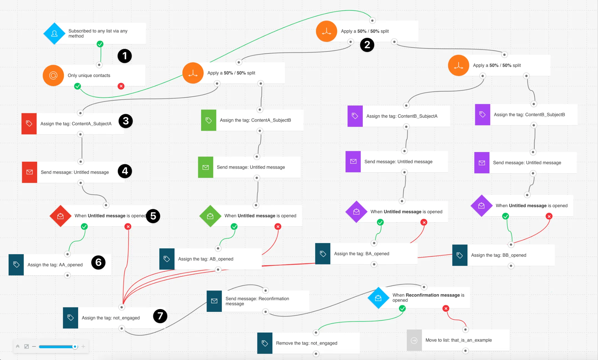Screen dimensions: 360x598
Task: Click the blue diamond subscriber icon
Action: pyautogui.click(x=54, y=34)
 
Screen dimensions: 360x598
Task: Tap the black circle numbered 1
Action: pyautogui.click(x=124, y=56)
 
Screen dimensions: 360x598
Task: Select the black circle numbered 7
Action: pyautogui.click(x=160, y=316)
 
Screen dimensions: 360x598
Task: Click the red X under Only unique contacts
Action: pyautogui.click(x=121, y=86)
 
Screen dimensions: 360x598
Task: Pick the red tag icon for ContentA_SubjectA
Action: pyautogui.click(x=29, y=124)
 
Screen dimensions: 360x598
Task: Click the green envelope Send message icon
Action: pyautogui.click(x=206, y=167)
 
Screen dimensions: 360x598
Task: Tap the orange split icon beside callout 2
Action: pyautogui.click(x=326, y=31)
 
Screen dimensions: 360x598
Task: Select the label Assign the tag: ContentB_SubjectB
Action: pyautogui.click(x=529, y=115)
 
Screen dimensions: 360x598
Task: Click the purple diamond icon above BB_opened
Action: pyautogui.click(x=481, y=205)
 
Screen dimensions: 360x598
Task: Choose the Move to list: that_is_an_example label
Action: pyautogui.click(x=458, y=340)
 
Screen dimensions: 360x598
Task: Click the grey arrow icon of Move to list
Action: pyautogui.click(x=414, y=340)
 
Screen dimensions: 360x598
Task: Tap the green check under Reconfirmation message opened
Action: pyautogui.click(x=402, y=308)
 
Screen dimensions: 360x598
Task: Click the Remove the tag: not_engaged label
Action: pyautogui.click(x=306, y=343)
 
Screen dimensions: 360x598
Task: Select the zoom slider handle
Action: pyautogui.click(x=75, y=346)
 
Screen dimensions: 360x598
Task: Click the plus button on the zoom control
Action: pyautogui.click(x=83, y=346)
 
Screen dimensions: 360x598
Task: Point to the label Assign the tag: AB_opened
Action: pyautogui.click(x=206, y=259)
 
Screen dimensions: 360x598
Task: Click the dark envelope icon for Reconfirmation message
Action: pyautogui.click(x=214, y=301)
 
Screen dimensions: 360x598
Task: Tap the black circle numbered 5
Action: pyautogui.click(x=153, y=216)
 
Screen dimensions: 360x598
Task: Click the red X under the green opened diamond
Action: pyautogui.click(x=278, y=227)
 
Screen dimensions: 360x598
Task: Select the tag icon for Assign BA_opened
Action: pyautogui.click(x=323, y=254)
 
